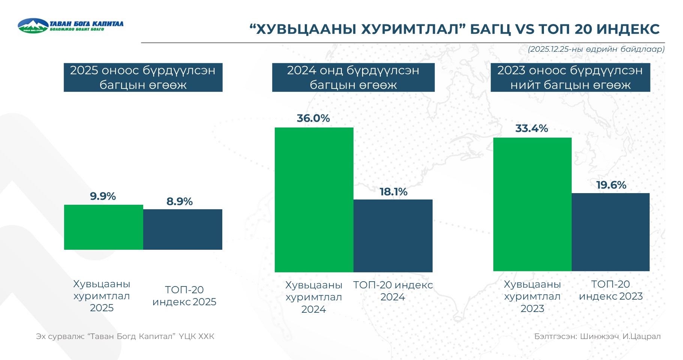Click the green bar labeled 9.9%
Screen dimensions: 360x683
pyautogui.click(x=103, y=227)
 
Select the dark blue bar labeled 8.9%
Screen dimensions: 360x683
pyautogui.click(x=183, y=229)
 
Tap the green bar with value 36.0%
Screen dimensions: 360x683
pyautogui.click(x=314, y=200)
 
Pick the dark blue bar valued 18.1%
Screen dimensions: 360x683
pyautogui.click(x=393, y=236)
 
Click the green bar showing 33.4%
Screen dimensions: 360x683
pyautogui.click(x=532, y=204)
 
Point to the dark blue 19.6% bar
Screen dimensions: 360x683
pyautogui.click(x=611, y=232)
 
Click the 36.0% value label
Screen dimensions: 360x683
pyautogui.click(x=313, y=118)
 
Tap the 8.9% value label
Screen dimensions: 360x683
pyautogui.click(x=180, y=202)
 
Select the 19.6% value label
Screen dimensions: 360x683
pyautogui.click(x=611, y=185)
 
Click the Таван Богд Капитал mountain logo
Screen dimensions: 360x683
pyautogui.click(x=33, y=25)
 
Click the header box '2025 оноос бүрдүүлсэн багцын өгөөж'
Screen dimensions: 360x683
pyautogui.click(x=143, y=77)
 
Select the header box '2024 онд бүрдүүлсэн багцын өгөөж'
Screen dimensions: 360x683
pyautogui.click(x=353, y=77)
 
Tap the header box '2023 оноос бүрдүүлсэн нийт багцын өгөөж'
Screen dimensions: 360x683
pyautogui.click(x=570, y=77)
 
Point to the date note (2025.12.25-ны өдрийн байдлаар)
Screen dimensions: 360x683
pyautogui.click(x=596, y=49)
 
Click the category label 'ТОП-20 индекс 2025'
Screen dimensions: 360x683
pyautogui.click(x=184, y=295)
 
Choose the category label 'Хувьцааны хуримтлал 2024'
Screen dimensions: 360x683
pyautogui.click(x=314, y=297)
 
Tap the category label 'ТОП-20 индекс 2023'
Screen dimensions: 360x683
pyautogui.click(x=611, y=290)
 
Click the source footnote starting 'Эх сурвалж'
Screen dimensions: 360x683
pyautogui.click(x=125, y=336)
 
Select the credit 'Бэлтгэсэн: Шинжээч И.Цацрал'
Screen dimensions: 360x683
pyautogui.click(x=597, y=336)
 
